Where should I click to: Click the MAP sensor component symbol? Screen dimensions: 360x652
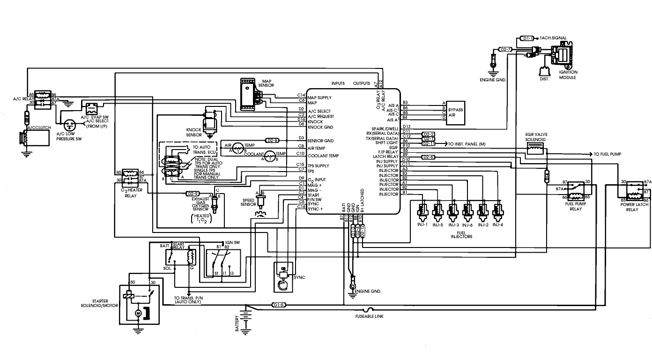pyautogui.click(x=248, y=94)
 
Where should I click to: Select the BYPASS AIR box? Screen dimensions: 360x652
pyautogui.click(x=456, y=112)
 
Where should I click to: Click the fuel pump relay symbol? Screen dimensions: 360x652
pyautogui.click(x=576, y=190)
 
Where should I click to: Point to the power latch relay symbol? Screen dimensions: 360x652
pyautogui.click(x=636, y=190)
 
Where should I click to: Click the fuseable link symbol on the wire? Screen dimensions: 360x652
pyautogui.click(x=370, y=309)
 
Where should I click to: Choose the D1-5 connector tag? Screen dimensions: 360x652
pyautogui.click(x=279, y=305)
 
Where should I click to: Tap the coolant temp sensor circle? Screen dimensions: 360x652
pyautogui.click(x=270, y=156)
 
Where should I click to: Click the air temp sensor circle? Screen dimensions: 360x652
pyautogui.click(x=238, y=147)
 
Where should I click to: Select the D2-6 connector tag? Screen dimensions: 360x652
pyautogui.click(x=429, y=157)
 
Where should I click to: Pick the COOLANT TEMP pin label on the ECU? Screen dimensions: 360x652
pyautogui.click(x=324, y=156)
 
